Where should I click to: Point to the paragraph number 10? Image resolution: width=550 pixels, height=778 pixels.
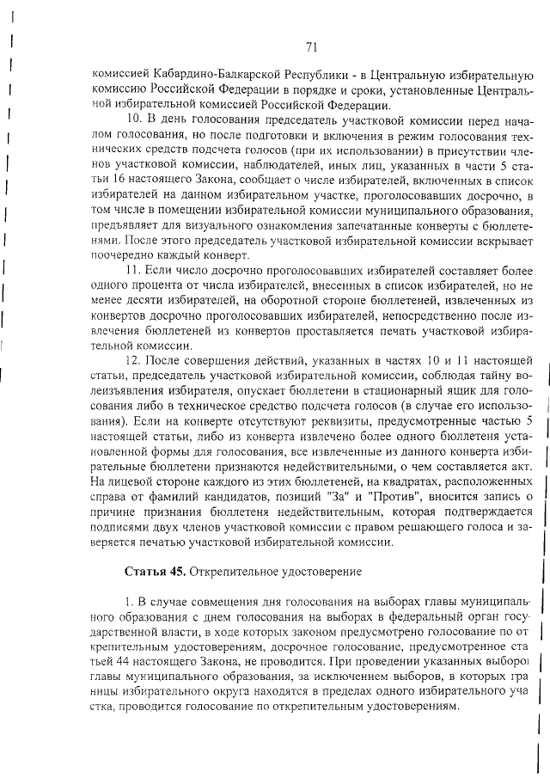click(135, 118)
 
